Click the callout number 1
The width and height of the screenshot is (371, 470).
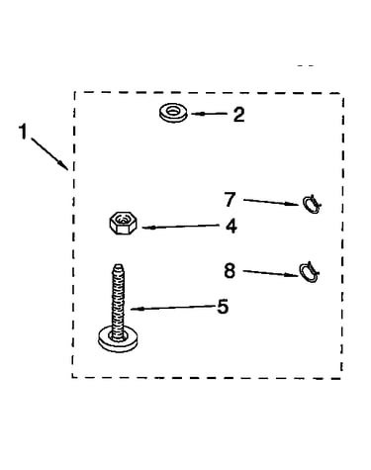coord(23,132)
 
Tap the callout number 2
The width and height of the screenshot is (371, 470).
coord(239,115)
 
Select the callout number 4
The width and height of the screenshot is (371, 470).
coord(232,227)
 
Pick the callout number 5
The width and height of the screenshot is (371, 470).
coord(223,307)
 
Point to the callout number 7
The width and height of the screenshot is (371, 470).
coord(231,200)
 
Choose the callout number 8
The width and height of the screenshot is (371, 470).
coord(230,271)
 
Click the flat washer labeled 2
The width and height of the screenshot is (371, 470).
coord(173,113)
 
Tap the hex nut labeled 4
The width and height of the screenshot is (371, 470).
coord(124,223)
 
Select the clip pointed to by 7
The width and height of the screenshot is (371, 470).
coord(312,205)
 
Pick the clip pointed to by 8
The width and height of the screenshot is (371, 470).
coord(310,272)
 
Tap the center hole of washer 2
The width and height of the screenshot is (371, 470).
coord(173,111)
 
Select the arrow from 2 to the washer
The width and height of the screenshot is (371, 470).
coord(209,114)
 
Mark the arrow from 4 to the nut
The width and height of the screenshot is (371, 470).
coord(181,227)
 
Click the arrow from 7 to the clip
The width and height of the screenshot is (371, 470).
coord(271,202)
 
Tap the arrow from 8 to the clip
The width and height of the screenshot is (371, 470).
coord(271,273)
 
